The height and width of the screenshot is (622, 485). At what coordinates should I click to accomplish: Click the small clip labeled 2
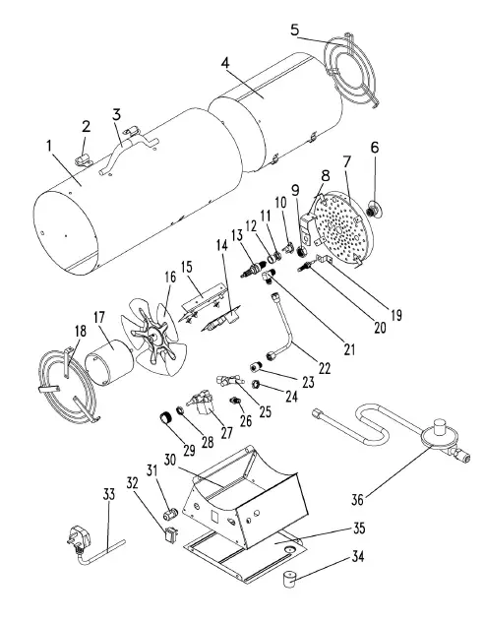tap(86, 156)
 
